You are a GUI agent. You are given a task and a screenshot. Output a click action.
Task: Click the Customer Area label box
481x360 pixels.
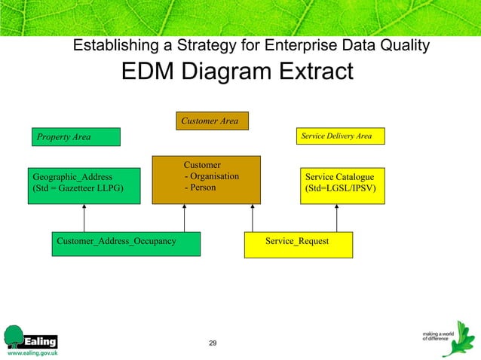pyautogui.click(x=212, y=121)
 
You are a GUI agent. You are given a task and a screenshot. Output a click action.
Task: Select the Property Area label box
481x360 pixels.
pyautogui.click(x=75, y=137)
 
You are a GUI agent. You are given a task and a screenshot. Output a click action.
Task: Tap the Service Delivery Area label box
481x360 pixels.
pyautogui.click(x=340, y=136)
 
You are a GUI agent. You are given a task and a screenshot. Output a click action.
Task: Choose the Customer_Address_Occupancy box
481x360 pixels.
pyautogui.click(x=126, y=243)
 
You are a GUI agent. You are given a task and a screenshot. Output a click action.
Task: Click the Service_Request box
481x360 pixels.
pyautogui.click(x=299, y=244)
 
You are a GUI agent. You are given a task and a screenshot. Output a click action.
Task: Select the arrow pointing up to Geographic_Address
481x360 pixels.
pyautogui.click(x=84, y=218)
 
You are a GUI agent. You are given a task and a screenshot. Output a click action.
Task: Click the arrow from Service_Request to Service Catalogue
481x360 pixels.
pyautogui.click(x=336, y=218)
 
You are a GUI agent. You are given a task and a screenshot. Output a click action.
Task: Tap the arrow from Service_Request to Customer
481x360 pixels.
pyautogui.click(x=253, y=218)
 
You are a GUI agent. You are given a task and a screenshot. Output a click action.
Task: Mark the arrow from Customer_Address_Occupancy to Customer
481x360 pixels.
pyautogui.click(x=184, y=218)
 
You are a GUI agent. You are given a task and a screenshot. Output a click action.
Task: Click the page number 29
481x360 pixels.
pyautogui.click(x=213, y=343)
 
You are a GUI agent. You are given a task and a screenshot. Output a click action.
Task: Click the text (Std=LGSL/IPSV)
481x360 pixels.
pyautogui.click(x=340, y=188)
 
